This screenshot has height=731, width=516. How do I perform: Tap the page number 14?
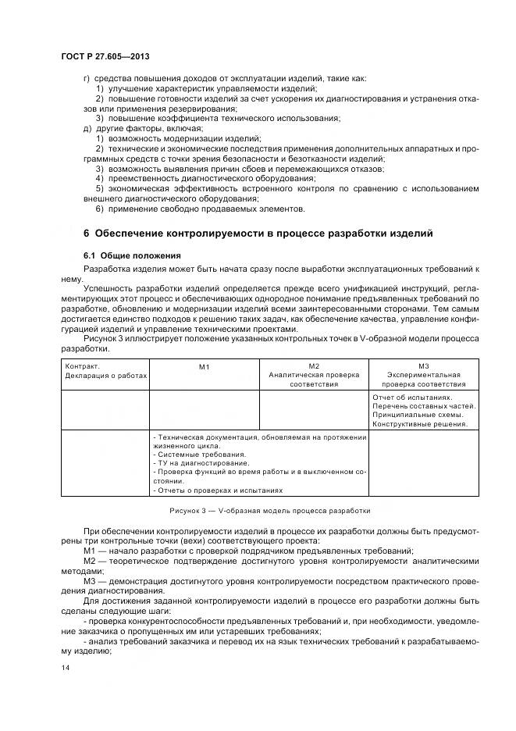[x=65, y=668]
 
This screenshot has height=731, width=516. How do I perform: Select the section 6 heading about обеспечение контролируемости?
[x=258, y=234]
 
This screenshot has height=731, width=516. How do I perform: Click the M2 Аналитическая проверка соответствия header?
[x=314, y=374]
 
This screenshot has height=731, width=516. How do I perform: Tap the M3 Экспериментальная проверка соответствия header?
[x=424, y=374]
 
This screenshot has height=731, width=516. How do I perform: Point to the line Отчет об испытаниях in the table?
[x=413, y=397]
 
